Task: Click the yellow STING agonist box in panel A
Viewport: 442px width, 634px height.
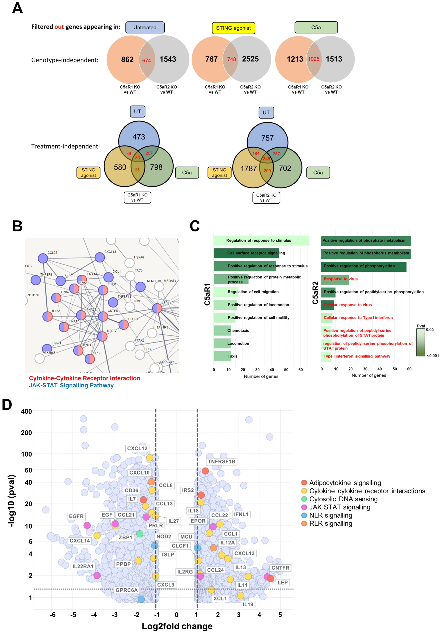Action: click(233, 28)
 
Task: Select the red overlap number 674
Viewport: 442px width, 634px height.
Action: click(146, 60)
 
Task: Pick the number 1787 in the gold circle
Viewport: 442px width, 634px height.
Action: click(249, 168)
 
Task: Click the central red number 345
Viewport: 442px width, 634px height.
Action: click(267, 159)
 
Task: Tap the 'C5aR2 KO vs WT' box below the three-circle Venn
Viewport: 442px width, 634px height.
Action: click(266, 198)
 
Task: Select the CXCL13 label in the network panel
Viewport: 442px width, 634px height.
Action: click(110, 252)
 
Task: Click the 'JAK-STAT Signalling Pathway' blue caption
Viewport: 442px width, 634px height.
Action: click(71, 385)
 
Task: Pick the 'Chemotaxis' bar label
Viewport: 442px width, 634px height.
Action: click(238, 331)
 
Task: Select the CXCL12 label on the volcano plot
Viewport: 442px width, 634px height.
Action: click(137, 448)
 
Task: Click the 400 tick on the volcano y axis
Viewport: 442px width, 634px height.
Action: click(27, 411)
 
